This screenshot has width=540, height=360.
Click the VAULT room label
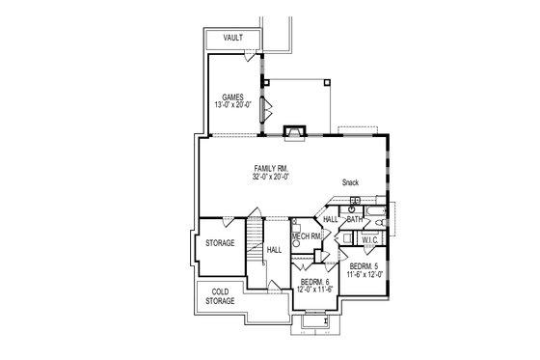pyautogui.click(x=232, y=38)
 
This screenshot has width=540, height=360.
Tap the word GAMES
pyautogui.click(x=232, y=97)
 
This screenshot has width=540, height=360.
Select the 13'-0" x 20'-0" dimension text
pyautogui.click(x=232, y=105)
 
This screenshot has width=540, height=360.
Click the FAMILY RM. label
pyautogui.click(x=272, y=168)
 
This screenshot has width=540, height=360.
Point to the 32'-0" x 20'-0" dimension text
pyautogui.click(x=272, y=177)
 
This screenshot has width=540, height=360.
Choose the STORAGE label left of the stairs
pyautogui.click(x=219, y=243)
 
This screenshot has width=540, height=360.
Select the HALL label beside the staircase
pyautogui.click(x=274, y=249)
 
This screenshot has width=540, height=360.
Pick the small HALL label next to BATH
pyautogui.click(x=330, y=220)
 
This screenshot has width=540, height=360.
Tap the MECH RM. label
pyautogui.click(x=307, y=236)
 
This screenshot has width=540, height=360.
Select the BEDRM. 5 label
pyautogui.click(x=364, y=265)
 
